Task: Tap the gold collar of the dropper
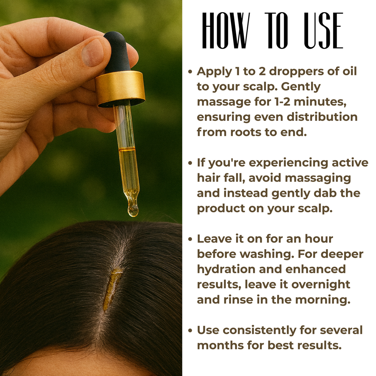tap(120, 88)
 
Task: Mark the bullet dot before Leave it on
tap(190, 239)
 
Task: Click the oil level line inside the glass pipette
tap(127, 149)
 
